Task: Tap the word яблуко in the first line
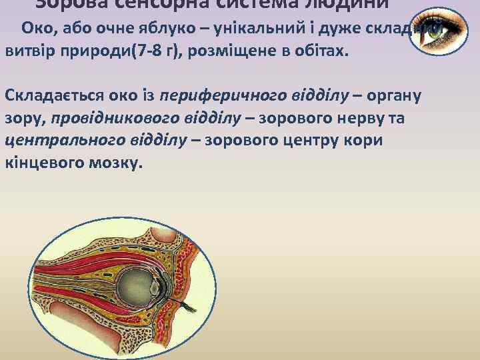click(x=159, y=28)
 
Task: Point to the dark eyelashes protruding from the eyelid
click(x=190, y=309)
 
